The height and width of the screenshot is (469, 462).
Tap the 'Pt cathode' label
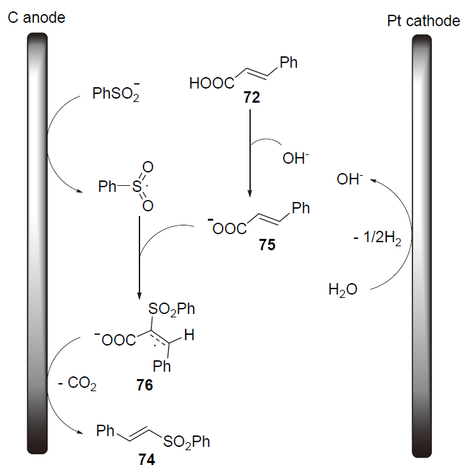point(424,21)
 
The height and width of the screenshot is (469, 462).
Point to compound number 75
point(268,246)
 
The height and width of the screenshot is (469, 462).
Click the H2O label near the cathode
point(343,290)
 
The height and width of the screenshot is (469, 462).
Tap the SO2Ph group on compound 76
point(173,309)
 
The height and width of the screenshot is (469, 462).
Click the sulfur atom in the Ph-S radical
point(134,187)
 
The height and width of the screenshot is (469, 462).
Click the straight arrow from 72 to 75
point(249,151)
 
